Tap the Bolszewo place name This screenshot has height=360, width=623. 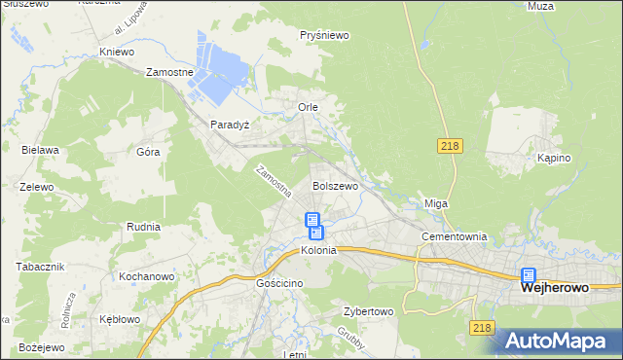point(335,185)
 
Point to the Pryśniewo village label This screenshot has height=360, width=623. point(324,35)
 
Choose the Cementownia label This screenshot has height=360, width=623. point(454,237)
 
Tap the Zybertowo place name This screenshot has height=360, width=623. point(367,312)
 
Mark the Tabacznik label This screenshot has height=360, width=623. point(40,267)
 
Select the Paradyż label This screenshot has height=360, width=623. point(231,125)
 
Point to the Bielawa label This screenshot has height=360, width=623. point(41,150)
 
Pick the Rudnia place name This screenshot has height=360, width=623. point(143,227)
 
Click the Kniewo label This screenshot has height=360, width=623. point(118,52)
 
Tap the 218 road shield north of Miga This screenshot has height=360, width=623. point(449,146)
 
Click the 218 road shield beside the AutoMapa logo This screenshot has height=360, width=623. point(482,329)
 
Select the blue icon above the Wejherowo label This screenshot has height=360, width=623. point(529,275)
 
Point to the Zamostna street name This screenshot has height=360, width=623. point(273,181)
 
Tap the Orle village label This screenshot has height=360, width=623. point(309,106)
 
